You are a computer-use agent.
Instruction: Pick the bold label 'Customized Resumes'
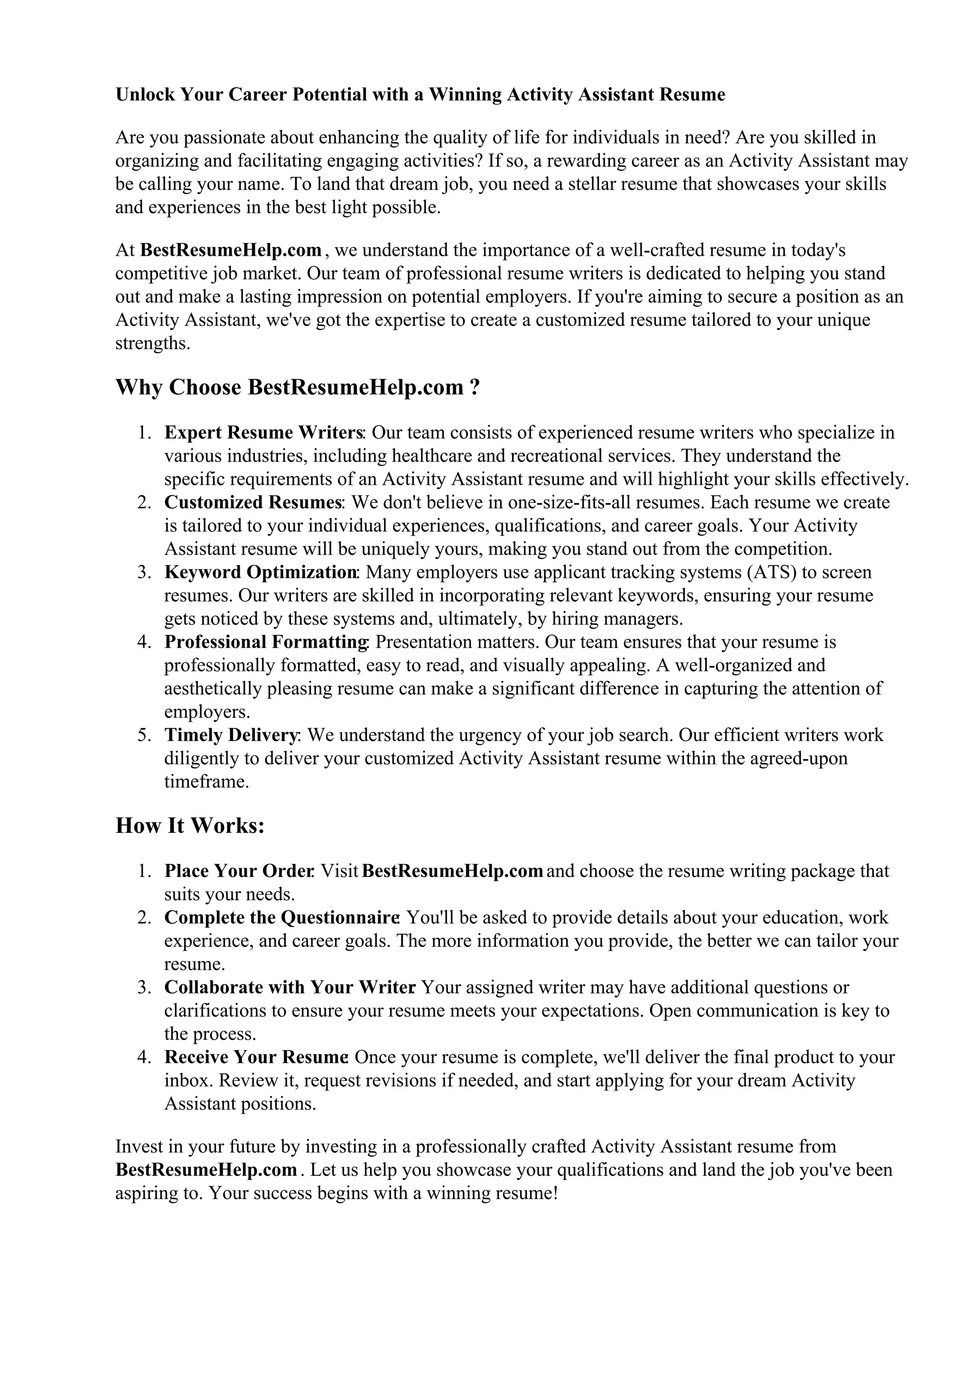click(x=253, y=502)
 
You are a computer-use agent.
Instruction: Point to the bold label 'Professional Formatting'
click(x=266, y=642)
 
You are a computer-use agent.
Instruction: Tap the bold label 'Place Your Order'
click(x=239, y=871)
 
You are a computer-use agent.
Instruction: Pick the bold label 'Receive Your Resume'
click(x=256, y=1057)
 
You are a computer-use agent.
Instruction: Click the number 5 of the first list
click(x=143, y=735)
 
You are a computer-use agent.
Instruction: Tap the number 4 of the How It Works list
click(x=143, y=1057)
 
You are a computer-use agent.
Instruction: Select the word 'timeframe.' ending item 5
click(x=206, y=781)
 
